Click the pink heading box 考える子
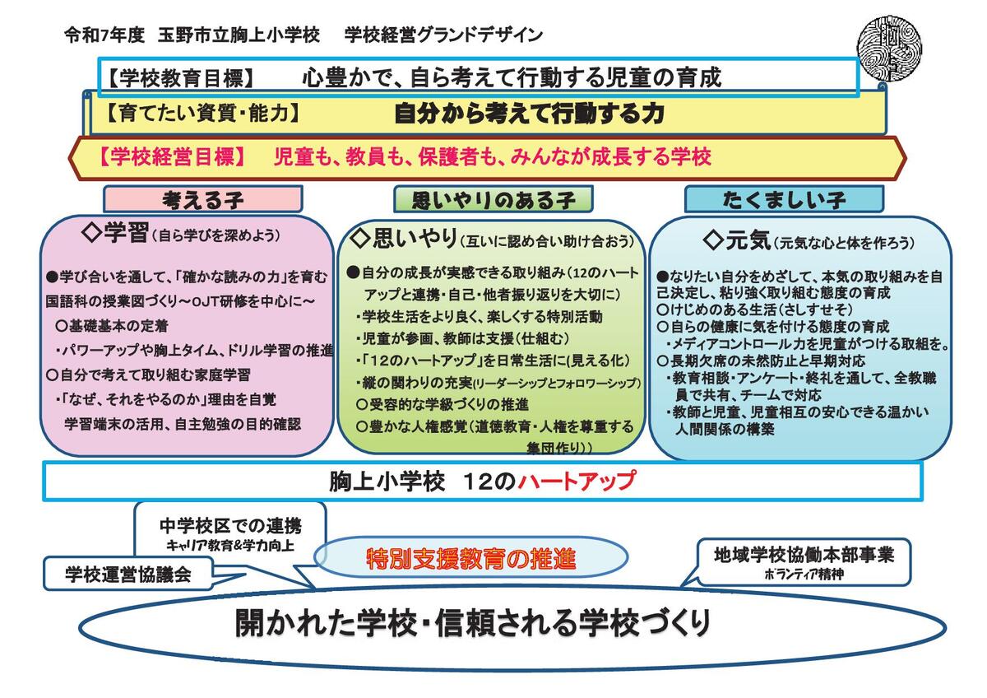pyautogui.click(x=202, y=199)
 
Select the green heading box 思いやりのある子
pyautogui.click(x=493, y=199)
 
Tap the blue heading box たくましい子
pyautogui.click(x=783, y=199)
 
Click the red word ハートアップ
pyautogui.click(x=577, y=481)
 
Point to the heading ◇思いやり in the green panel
pyautogui.click(x=402, y=239)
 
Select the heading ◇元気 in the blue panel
pyautogui.click(x=737, y=240)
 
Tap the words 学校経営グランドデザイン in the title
pyautogui.click(x=443, y=35)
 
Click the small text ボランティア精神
pyautogui.click(x=803, y=575)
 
